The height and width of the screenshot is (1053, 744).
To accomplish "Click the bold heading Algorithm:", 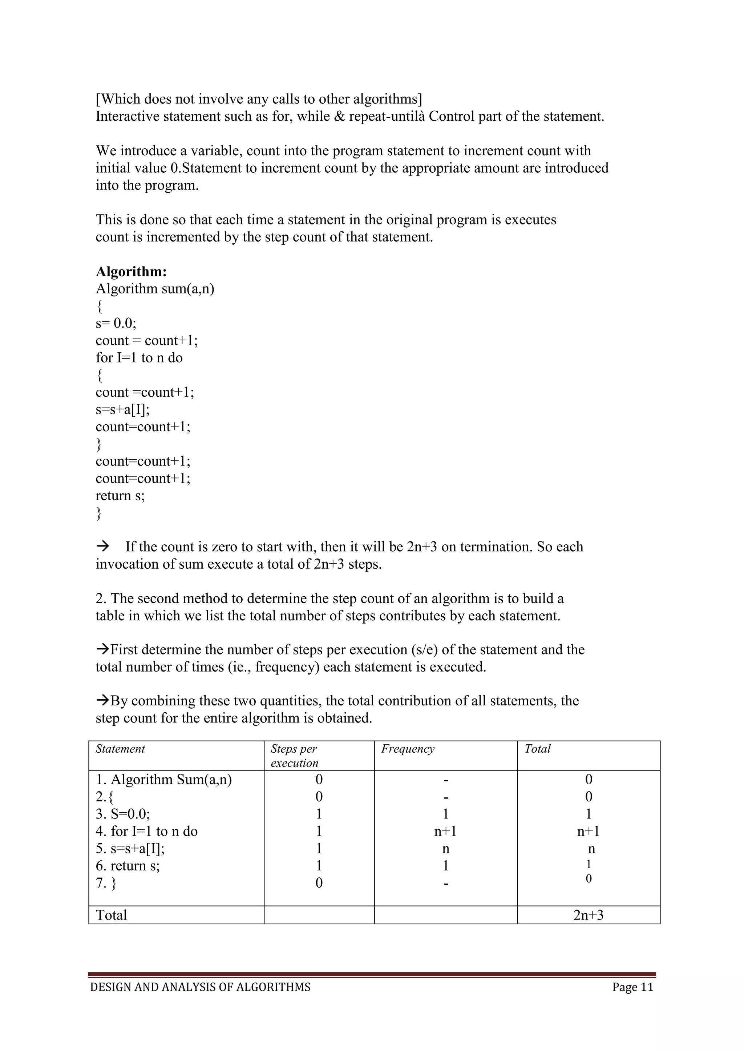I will point(131,272).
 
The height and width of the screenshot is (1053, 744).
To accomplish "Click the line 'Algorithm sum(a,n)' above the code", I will point(155,289).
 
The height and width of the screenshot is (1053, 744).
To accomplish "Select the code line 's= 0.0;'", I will point(116,323).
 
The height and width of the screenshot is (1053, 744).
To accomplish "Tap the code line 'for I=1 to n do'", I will point(139,358).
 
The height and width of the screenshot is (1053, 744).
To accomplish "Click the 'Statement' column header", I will point(120,749).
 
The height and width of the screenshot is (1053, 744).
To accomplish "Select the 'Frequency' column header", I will point(407,749).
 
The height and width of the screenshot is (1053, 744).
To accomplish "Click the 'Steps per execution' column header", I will point(294,756).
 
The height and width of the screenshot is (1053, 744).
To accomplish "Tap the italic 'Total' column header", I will point(537,749).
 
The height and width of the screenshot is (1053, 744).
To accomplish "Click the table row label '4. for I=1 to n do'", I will point(147,832).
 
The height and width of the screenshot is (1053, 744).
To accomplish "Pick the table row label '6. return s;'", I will point(128,866).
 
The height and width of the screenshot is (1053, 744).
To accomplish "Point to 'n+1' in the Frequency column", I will point(445,832).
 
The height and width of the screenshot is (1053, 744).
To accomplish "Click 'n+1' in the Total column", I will point(588,832).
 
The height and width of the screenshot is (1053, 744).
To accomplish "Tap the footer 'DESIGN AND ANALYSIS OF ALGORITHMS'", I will point(200,987).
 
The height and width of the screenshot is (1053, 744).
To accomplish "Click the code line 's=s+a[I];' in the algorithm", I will point(122,409).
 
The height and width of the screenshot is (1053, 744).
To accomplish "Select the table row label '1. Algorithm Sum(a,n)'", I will point(163,780).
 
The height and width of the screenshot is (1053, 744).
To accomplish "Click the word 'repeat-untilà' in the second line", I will point(387,116).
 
